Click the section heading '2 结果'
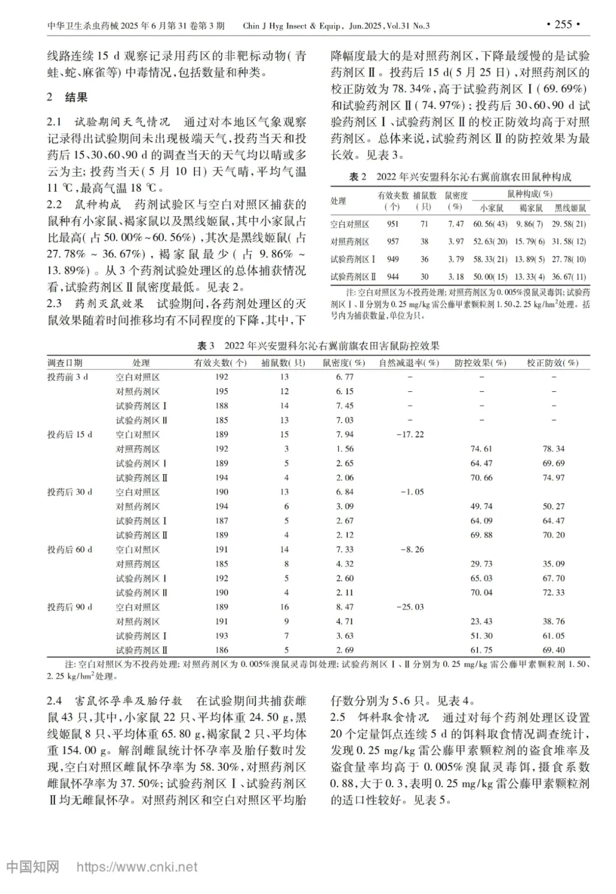(67, 97)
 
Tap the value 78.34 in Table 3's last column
(553, 449)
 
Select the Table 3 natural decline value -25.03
(410, 607)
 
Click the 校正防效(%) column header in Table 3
(552, 363)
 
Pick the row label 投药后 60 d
(70, 549)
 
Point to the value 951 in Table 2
(392, 224)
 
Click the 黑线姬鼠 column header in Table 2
(570, 208)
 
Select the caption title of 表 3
(318, 346)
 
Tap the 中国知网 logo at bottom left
(33, 867)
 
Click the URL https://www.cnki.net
(137, 867)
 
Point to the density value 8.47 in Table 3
(345, 607)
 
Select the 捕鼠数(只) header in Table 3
(283, 363)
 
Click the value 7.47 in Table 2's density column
(456, 224)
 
